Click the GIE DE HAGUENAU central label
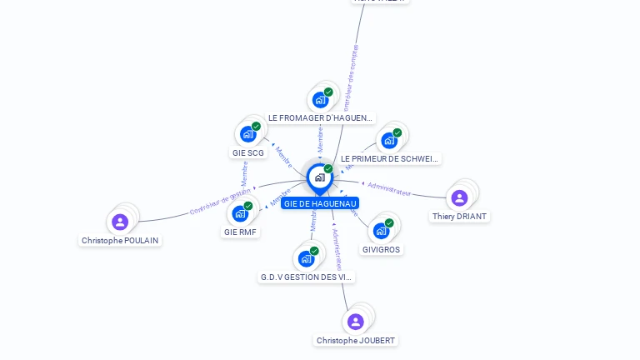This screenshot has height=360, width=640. click(x=320, y=203)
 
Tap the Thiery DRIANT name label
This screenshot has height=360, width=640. click(x=459, y=217)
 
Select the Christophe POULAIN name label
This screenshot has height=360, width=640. click(x=120, y=240)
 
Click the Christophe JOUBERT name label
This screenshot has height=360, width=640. click(x=356, y=340)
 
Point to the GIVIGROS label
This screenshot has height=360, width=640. click(x=381, y=249)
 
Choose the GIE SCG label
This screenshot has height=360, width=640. click(x=248, y=152)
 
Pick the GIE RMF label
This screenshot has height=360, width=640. click(x=241, y=232)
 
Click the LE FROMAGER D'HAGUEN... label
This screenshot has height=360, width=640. click(x=321, y=118)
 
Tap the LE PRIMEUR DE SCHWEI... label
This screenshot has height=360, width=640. click(x=390, y=158)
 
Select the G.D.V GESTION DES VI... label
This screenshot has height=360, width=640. click(x=307, y=277)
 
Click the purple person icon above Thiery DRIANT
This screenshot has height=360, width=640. click(x=459, y=197)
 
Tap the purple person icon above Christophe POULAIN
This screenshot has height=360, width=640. click(x=120, y=222)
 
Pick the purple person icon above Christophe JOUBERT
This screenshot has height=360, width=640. click(x=356, y=322)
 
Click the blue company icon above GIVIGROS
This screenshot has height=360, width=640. click(x=381, y=231)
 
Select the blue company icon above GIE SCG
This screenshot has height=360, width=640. click(x=247, y=134)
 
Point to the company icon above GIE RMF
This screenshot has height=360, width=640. click(x=240, y=213)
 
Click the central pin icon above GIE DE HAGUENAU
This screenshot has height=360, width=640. click(x=319, y=177)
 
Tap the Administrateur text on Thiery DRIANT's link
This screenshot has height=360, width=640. click(x=389, y=187)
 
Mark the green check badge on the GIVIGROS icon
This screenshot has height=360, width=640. click(x=389, y=223)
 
